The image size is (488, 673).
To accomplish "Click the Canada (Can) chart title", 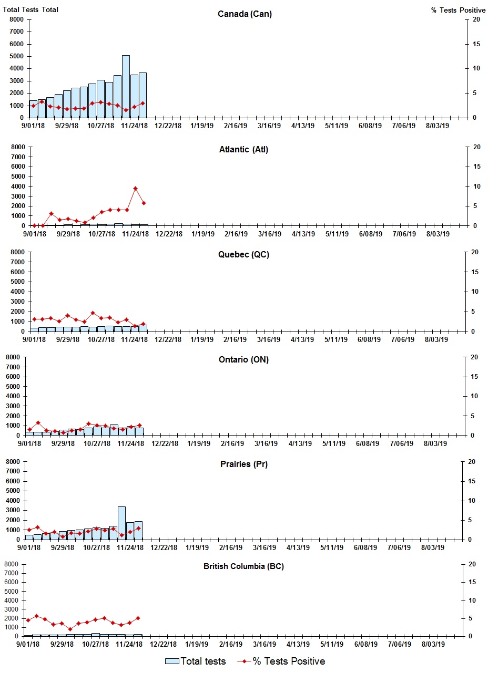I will pos(245,14).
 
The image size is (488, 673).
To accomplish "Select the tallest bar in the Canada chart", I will pos(126,87).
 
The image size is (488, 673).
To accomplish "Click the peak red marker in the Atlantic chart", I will pos(135,188).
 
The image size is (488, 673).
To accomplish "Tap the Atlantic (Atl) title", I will pos(243,150).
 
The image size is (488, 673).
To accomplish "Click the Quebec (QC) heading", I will pos(243,255).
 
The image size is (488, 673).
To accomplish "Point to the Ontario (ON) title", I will pos(243,360).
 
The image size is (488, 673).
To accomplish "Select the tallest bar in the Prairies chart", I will pos(121,523).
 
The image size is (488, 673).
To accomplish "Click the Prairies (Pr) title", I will pos(243,464).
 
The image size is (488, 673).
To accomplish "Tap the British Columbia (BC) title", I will pos(243,566).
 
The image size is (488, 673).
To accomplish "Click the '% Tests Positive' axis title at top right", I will pos(458,10).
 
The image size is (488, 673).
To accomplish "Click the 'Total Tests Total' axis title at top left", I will pos(30,10).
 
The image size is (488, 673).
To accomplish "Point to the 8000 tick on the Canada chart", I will pos(17,19).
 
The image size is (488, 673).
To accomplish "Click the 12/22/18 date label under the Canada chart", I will pos(169,126).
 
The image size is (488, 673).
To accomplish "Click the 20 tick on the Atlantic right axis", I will pos(476,147).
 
